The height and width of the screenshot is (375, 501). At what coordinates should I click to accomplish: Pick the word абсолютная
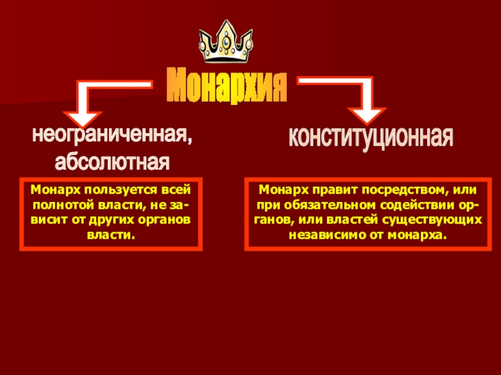pyautogui.click(x=113, y=162)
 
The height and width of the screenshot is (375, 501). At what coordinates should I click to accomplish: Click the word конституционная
pyautogui.click(x=370, y=136)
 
